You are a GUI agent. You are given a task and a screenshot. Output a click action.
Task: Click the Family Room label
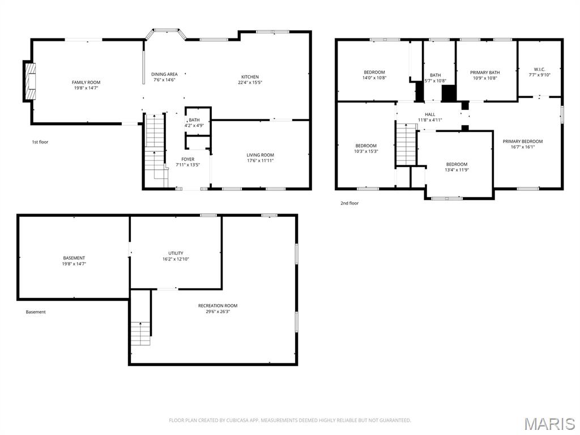(x=86, y=83)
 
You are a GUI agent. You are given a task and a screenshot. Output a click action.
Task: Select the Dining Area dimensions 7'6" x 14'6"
(x=164, y=80)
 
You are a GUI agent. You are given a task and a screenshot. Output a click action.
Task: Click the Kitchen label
(x=250, y=77)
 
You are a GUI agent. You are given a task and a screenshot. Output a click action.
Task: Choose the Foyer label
(x=188, y=159)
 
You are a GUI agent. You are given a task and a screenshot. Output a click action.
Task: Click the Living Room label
(x=260, y=155)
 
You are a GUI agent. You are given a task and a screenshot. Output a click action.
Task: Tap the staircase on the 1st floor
(x=155, y=150)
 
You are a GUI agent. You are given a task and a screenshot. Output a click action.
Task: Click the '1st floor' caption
(x=40, y=142)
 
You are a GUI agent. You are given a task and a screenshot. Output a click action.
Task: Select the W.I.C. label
(x=539, y=69)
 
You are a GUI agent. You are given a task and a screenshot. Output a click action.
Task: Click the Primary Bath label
(x=485, y=72)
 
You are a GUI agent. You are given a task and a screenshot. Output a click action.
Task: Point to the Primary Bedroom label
(x=522, y=142)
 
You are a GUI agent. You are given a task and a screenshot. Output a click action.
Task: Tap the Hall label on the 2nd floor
(x=430, y=114)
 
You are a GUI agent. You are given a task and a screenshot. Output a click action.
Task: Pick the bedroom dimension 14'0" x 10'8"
(x=374, y=78)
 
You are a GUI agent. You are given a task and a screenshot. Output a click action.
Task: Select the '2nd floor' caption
(x=349, y=203)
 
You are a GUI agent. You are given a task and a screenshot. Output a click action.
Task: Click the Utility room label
(x=176, y=253)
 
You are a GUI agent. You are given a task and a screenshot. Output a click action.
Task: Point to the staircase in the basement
(x=140, y=334)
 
